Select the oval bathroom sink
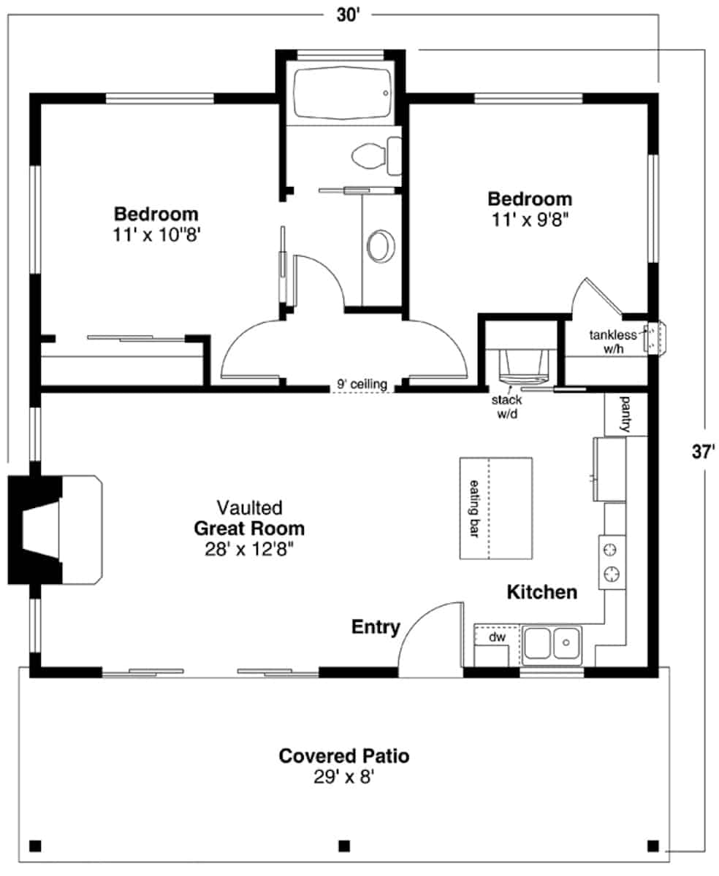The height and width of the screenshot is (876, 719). click(x=381, y=246)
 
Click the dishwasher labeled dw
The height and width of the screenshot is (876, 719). click(x=497, y=637)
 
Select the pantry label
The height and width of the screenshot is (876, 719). click(x=625, y=415)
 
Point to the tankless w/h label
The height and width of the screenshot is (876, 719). click(x=613, y=342)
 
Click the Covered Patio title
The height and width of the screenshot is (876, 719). click(x=343, y=756)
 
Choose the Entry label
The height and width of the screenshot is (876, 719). click(x=376, y=626)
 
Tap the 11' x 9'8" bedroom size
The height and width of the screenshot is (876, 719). click(x=530, y=220)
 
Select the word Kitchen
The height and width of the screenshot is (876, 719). click(x=542, y=592)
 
